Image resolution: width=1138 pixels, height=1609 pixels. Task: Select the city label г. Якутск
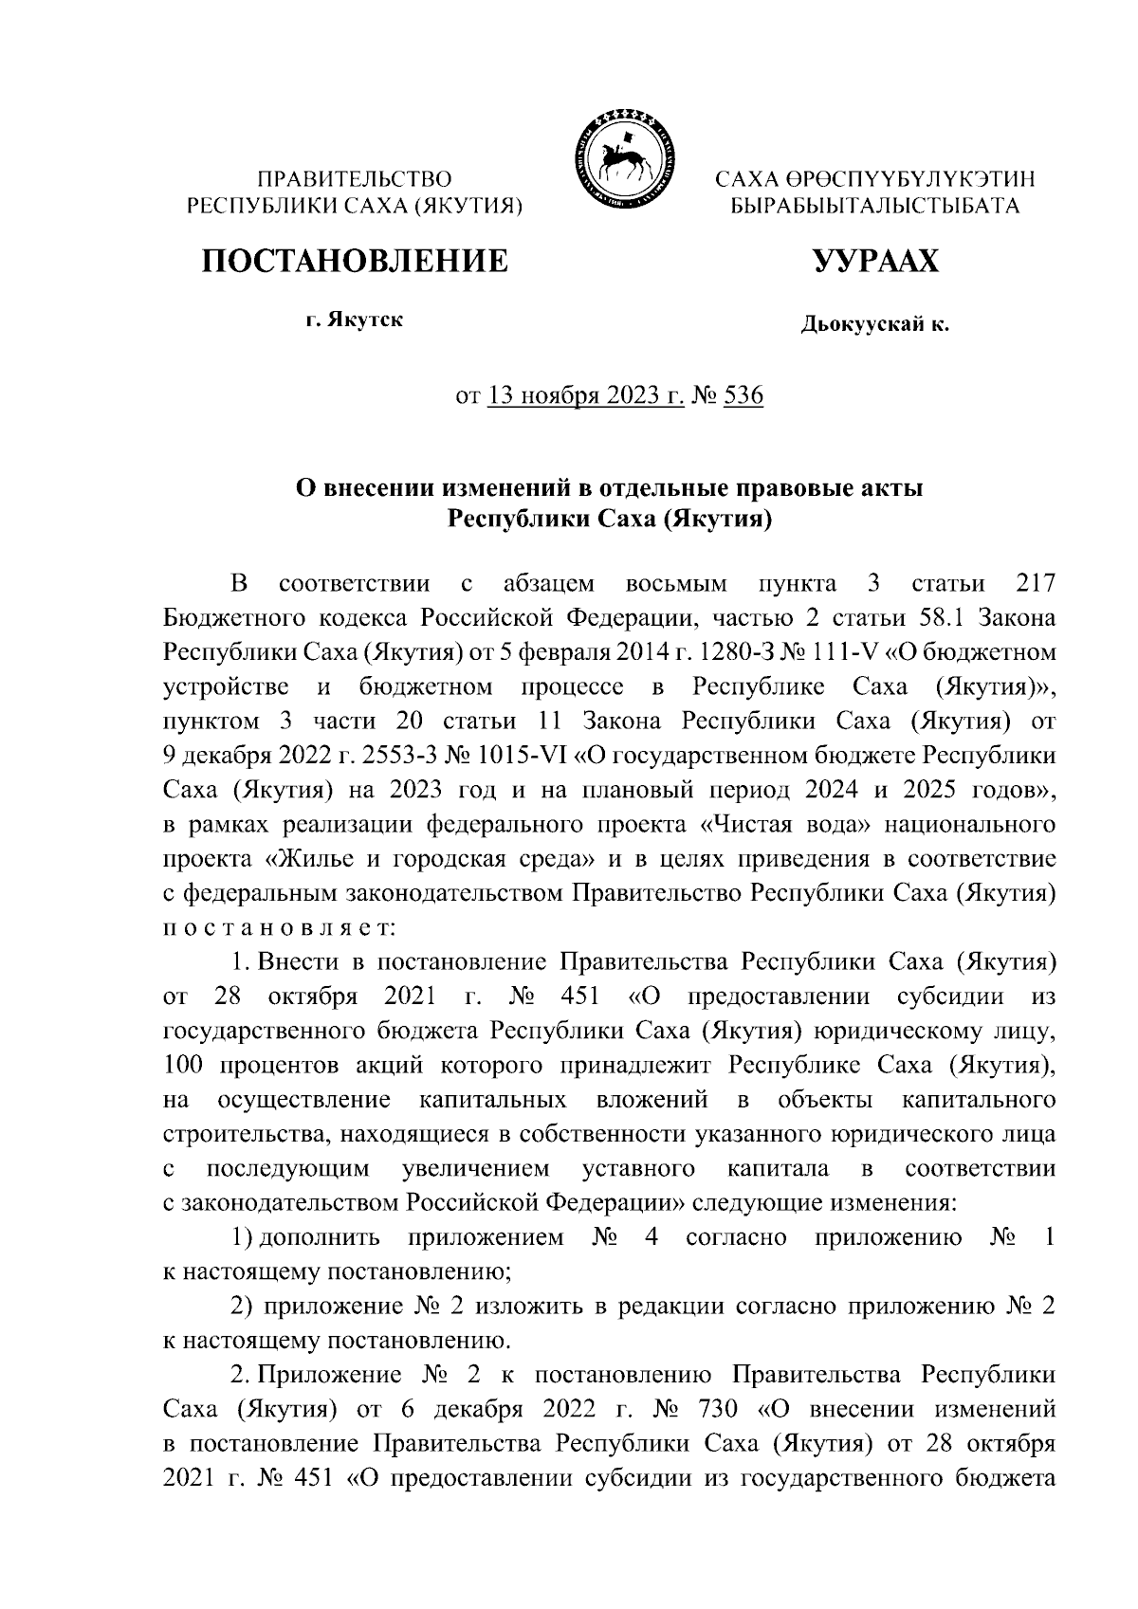tap(354, 320)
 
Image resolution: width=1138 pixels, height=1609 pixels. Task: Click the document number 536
tap(743, 395)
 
